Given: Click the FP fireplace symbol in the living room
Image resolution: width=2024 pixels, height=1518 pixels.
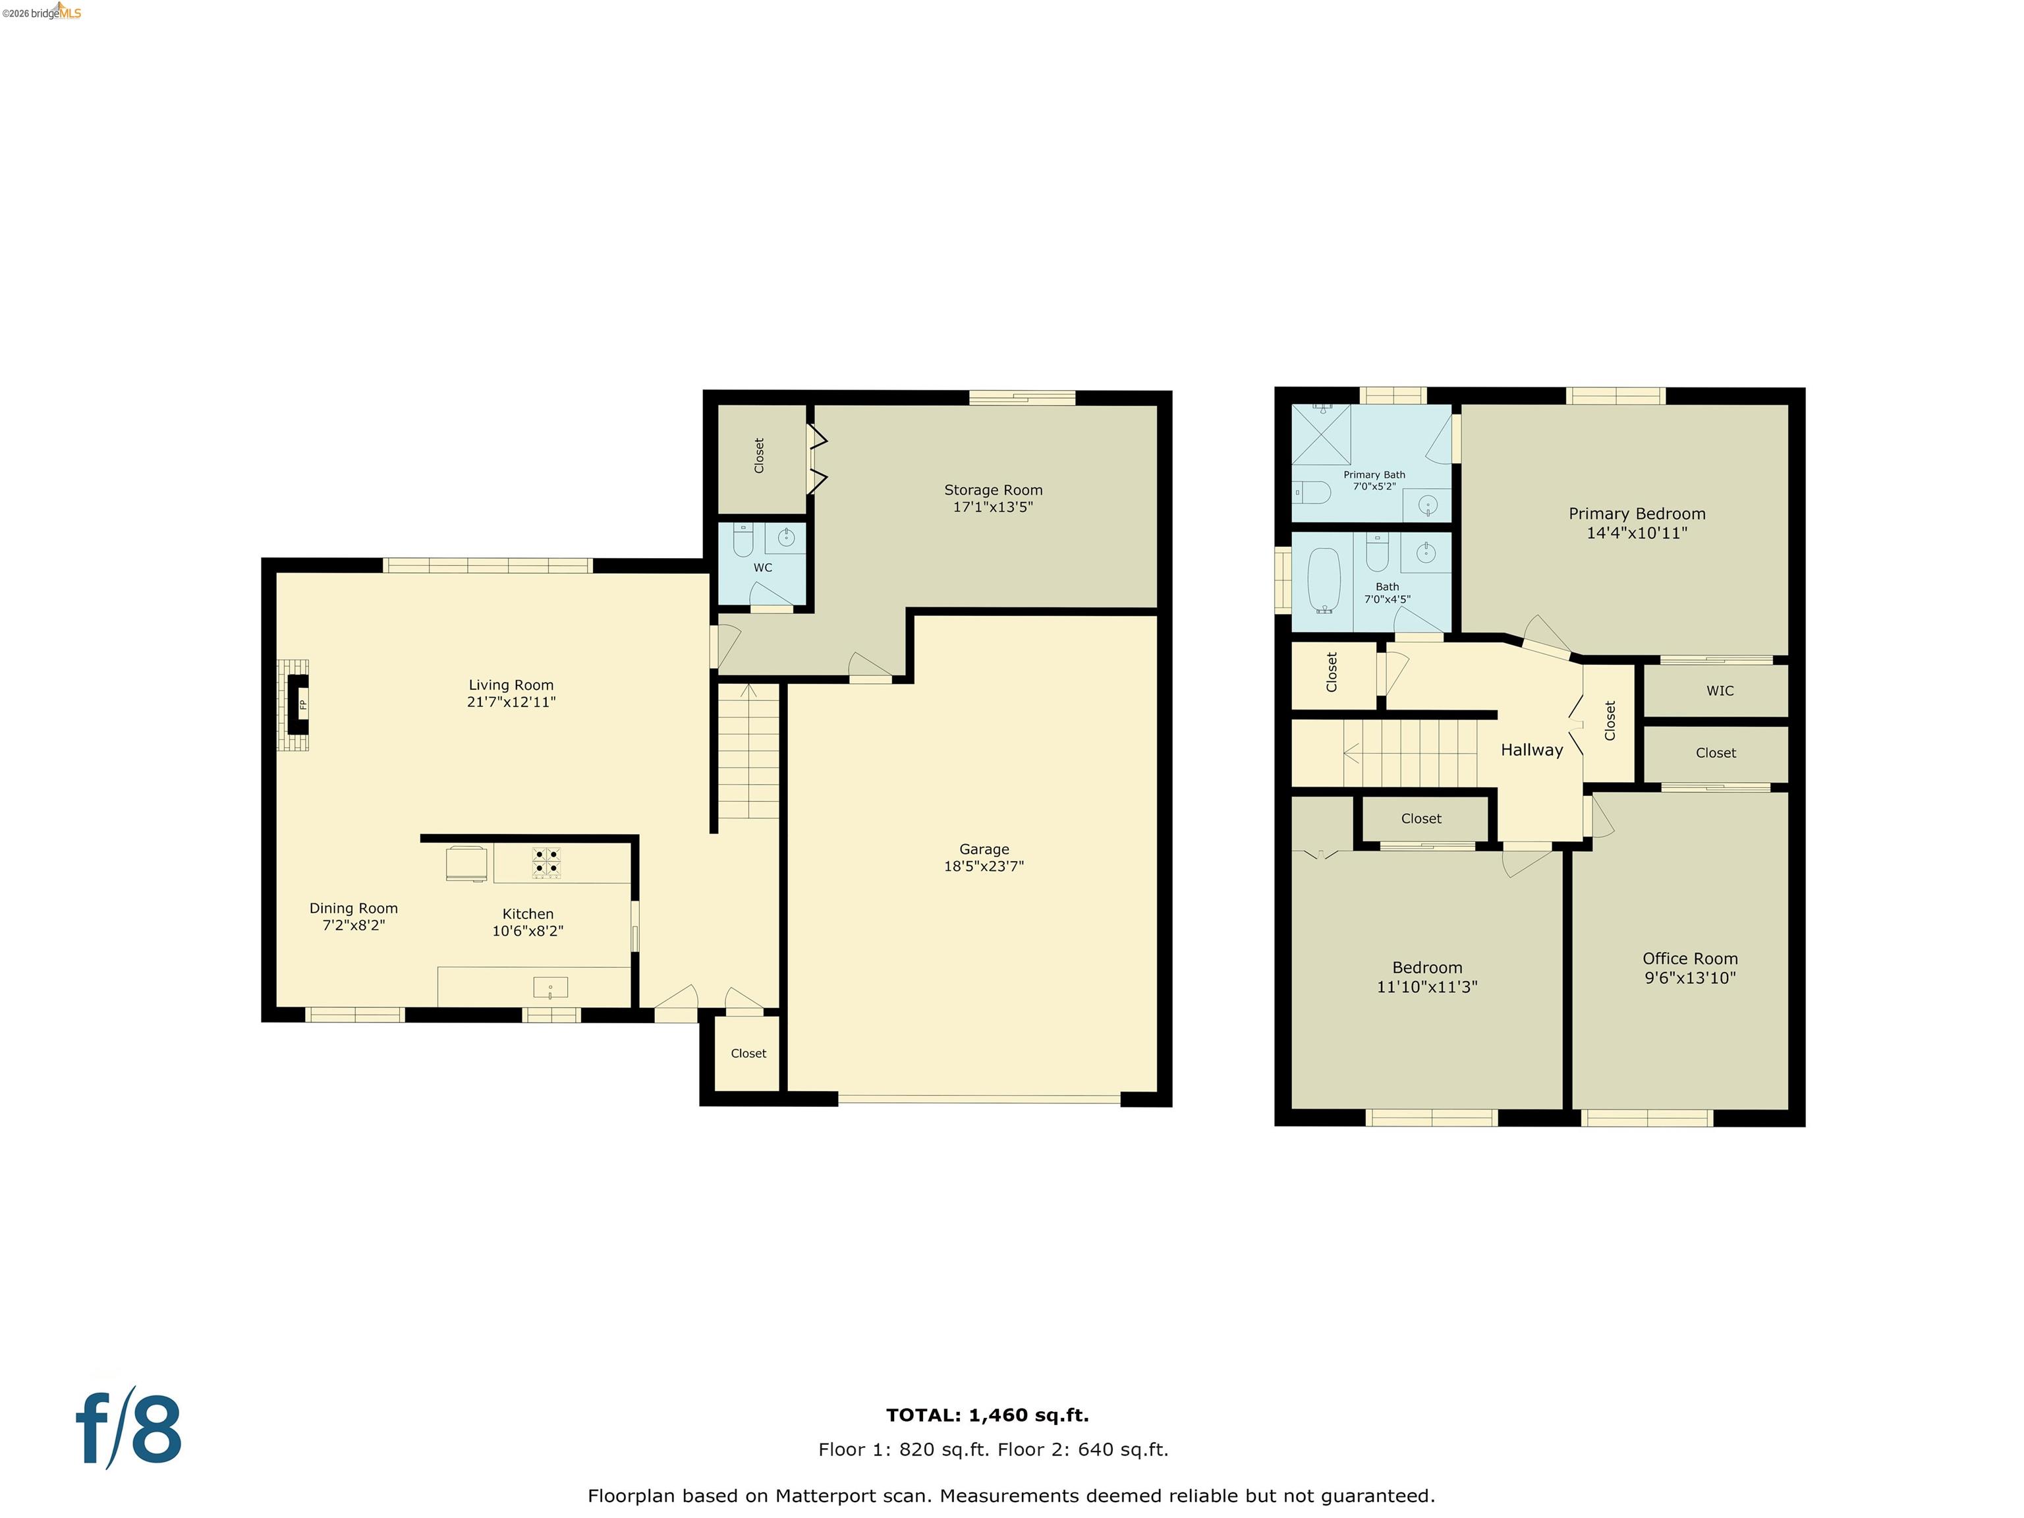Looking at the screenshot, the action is (x=298, y=704).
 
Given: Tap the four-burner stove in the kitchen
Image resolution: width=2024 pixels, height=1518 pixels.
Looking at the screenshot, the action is (x=547, y=863).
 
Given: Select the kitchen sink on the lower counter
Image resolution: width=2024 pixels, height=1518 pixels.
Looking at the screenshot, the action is (x=550, y=988).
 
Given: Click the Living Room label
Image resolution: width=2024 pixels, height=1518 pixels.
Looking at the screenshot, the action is (x=511, y=685).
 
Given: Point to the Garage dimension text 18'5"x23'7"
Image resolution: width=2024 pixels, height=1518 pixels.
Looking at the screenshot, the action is (x=984, y=866).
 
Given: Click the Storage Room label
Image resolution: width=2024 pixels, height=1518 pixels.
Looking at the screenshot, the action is (x=993, y=490).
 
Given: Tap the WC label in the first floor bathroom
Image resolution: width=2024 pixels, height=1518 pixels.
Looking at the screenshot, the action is (x=762, y=567).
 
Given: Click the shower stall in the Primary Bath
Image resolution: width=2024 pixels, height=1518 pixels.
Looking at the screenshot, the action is (x=1320, y=435).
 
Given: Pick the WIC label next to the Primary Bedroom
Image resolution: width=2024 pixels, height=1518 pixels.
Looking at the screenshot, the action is (x=1720, y=691).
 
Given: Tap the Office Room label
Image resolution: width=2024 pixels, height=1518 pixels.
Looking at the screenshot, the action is (x=1689, y=959).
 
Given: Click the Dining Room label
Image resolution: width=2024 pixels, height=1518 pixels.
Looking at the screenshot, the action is (x=353, y=909).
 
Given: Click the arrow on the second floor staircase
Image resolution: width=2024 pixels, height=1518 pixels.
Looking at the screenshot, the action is (x=1351, y=753).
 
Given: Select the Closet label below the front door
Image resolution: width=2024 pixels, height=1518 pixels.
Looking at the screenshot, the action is (x=748, y=1053).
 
